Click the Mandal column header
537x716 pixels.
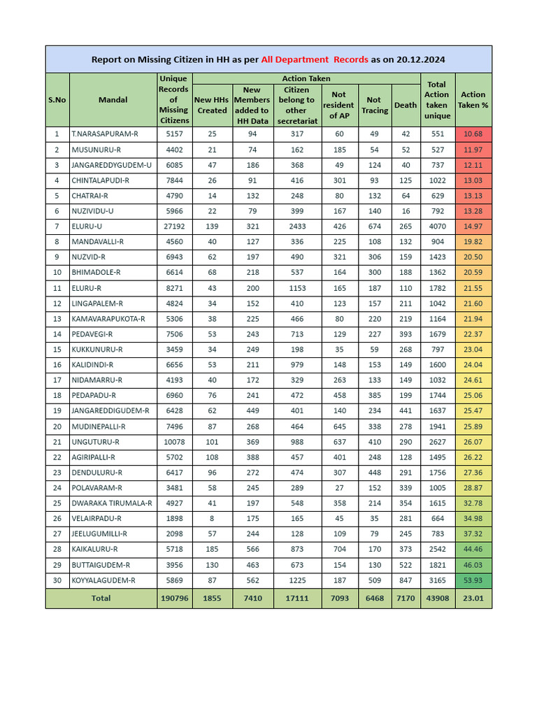click(113, 100)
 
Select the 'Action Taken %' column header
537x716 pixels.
click(473, 100)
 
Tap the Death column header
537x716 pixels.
click(406, 106)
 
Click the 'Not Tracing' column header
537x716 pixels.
click(374, 106)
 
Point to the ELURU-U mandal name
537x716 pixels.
click(87, 227)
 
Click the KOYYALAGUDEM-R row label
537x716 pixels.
click(103, 580)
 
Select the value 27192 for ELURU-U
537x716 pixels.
click(173, 227)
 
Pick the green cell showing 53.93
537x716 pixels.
click(473, 580)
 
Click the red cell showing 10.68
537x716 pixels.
click(473, 134)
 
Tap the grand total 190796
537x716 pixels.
click(173, 599)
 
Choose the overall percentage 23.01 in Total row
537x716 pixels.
click(473, 599)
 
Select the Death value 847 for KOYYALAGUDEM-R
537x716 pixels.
click(406, 580)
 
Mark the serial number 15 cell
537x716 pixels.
click(57, 350)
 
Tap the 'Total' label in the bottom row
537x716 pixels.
click(101, 599)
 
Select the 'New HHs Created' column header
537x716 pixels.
click(211, 106)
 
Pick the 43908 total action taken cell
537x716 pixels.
click(437, 599)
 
